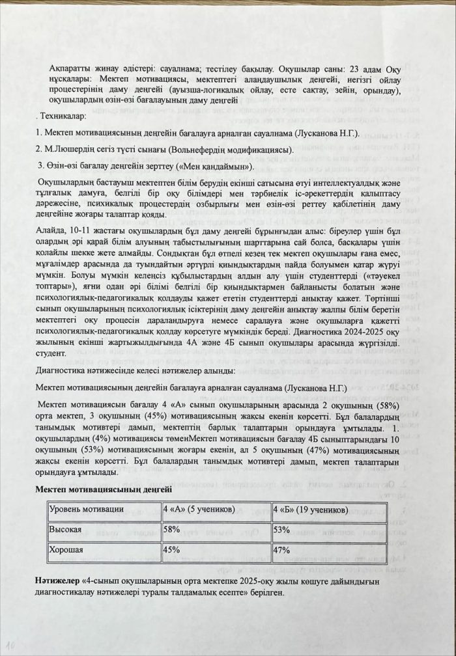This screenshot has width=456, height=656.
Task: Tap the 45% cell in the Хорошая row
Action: (172, 551)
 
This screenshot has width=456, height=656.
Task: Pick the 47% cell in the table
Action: (281, 551)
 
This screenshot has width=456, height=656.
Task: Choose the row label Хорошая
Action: (66, 551)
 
